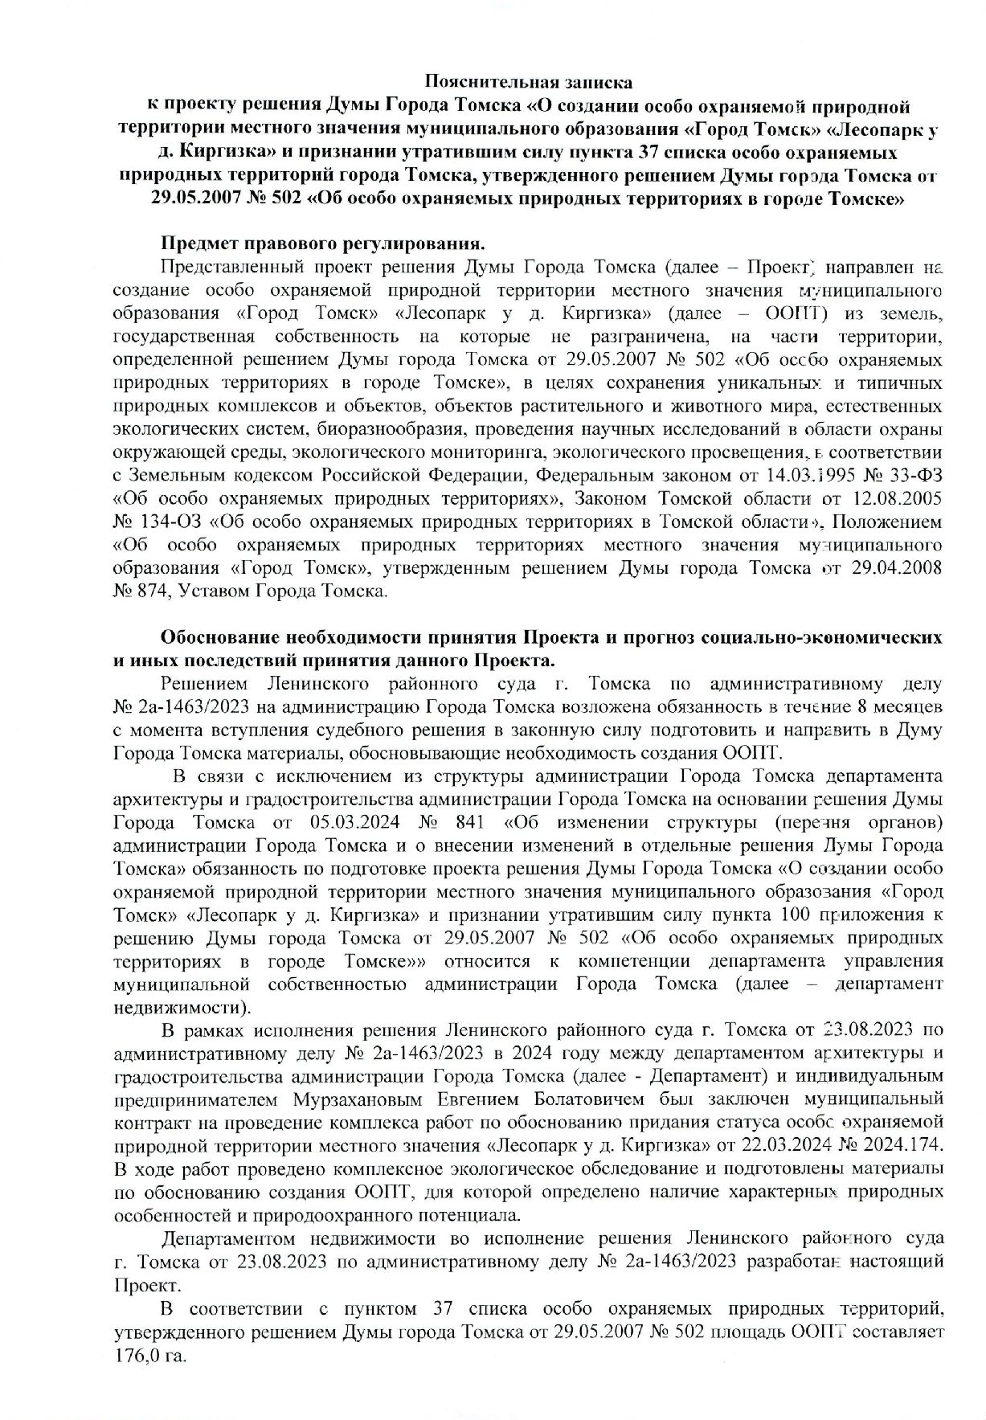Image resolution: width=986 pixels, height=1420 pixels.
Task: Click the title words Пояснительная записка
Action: [528, 81]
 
